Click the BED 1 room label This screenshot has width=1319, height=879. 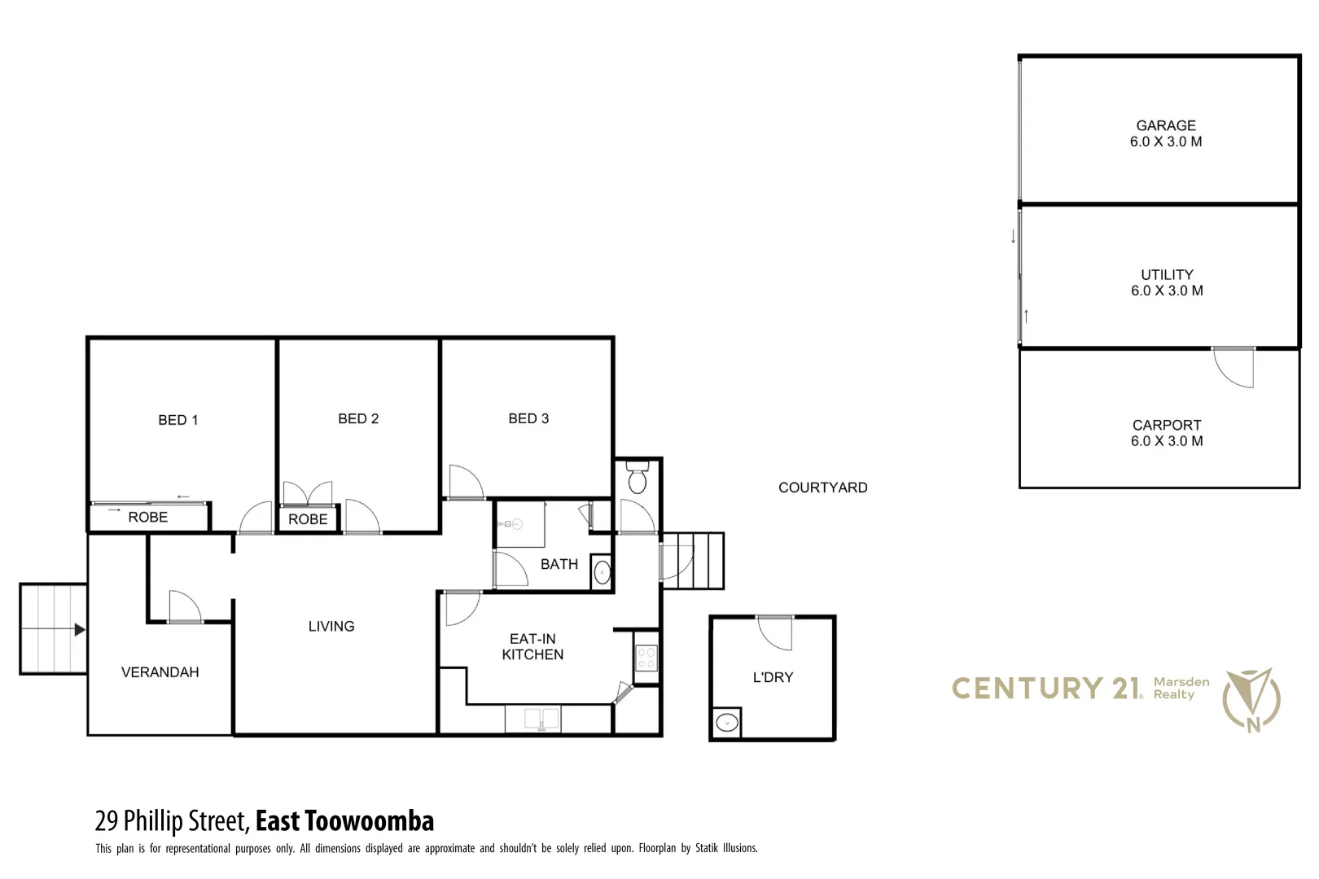(177, 420)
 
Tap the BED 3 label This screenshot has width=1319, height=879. (528, 418)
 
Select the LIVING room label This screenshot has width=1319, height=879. (331, 626)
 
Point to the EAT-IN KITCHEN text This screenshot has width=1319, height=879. (532, 647)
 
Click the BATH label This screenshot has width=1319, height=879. (559, 564)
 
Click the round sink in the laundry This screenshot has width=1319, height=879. (726, 722)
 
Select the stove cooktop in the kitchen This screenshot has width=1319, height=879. (646, 658)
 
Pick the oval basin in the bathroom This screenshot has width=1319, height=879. (602, 571)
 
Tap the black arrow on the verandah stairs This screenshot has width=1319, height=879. (79, 629)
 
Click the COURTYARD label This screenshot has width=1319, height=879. (822, 488)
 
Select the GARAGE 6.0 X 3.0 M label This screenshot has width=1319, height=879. (1166, 133)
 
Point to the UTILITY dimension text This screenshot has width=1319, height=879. (1167, 291)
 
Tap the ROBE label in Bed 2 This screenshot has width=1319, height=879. (308, 519)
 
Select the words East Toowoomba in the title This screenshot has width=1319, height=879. (344, 820)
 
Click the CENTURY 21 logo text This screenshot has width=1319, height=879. (1046, 689)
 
